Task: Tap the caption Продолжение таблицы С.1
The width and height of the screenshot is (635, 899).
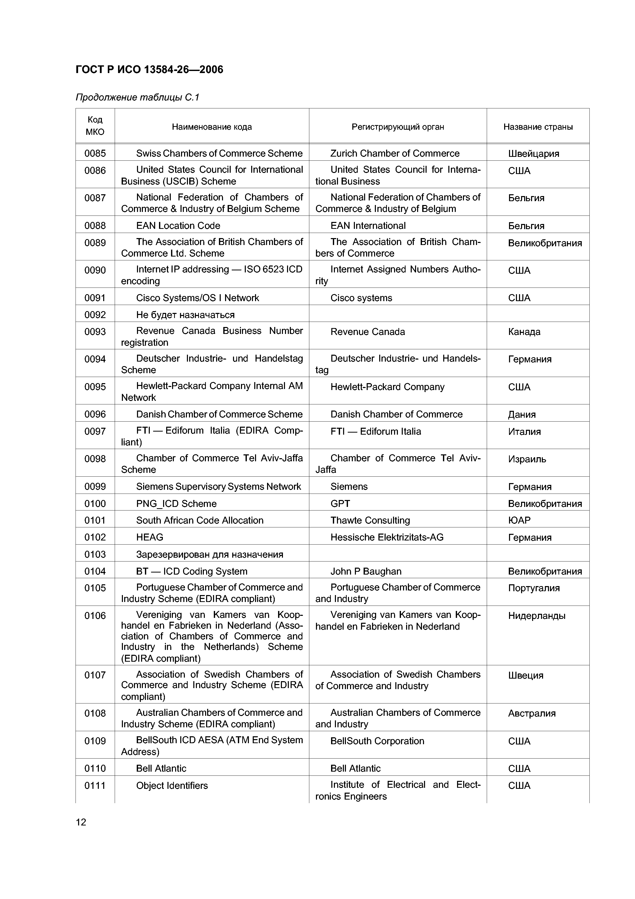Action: pyautogui.click(x=137, y=97)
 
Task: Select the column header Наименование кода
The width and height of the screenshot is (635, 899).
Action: pyautogui.click(x=212, y=127)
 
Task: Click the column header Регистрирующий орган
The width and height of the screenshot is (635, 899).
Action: pyautogui.click(x=397, y=127)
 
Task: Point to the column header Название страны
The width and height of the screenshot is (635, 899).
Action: pyautogui.click(x=538, y=127)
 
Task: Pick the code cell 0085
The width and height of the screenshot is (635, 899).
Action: pyautogui.click(x=95, y=154)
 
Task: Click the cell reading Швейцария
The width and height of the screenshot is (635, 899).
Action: pyautogui.click(x=533, y=154)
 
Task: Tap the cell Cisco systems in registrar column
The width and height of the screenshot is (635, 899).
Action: pyautogui.click(x=361, y=298)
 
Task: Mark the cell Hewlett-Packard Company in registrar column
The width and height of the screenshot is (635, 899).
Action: pyautogui.click(x=387, y=387)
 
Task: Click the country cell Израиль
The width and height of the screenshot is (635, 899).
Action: pyautogui.click(x=527, y=459)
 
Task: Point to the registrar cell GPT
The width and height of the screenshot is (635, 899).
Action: pyautogui.click(x=340, y=504)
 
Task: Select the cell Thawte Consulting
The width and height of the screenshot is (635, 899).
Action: pyautogui.click(x=370, y=520)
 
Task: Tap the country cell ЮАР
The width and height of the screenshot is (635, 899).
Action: pyautogui.click(x=519, y=520)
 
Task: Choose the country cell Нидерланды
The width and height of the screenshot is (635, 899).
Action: pyautogui.click(x=536, y=616)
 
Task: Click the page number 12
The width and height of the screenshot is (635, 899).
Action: pyautogui.click(x=81, y=822)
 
